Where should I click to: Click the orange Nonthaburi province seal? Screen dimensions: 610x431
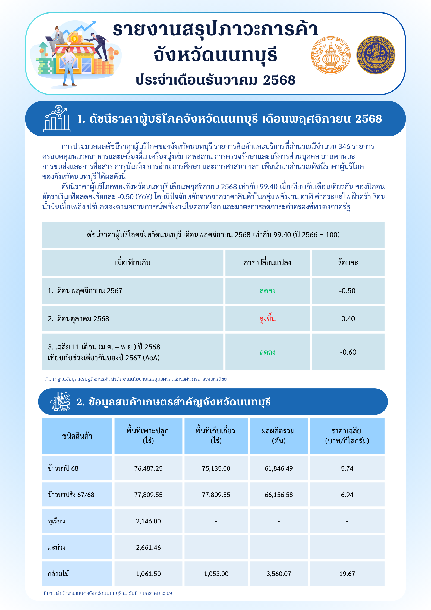[x=331, y=55]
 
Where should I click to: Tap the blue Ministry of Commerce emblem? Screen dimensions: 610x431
[x=376, y=55]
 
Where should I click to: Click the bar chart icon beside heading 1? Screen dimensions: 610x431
[x=57, y=119]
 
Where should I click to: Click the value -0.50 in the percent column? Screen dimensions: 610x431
[x=347, y=291]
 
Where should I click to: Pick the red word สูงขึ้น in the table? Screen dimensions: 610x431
[x=268, y=319]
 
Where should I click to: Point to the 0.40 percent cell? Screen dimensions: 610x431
[x=348, y=319]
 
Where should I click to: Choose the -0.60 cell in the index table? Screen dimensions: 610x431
[x=348, y=352]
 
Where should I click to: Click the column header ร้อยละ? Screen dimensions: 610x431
[x=348, y=263]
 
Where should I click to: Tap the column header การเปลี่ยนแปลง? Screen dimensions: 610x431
[x=268, y=263]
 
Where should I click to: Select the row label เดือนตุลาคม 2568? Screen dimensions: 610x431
[x=78, y=319]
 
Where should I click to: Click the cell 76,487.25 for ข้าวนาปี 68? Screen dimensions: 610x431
[x=148, y=468]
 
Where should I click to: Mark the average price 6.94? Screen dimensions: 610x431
[x=347, y=495]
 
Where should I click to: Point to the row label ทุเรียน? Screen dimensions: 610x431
[x=56, y=521]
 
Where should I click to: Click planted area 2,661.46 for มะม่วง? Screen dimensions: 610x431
[x=148, y=548]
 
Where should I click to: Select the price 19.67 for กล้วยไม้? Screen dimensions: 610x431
[x=347, y=574]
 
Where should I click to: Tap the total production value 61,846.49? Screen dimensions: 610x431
[x=279, y=468]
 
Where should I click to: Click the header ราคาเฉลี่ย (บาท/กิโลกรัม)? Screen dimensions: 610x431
[x=347, y=436]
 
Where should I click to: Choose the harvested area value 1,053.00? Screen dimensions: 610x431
[x=216, y=574]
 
